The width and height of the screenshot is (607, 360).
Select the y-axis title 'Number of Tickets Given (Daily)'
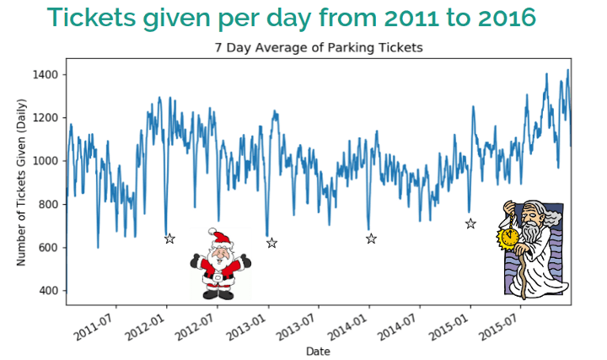point(22,182)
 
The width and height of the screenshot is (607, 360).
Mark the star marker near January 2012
point(169,239)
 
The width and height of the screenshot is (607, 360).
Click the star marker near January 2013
point(271,243)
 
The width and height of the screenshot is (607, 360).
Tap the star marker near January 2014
point(371,239)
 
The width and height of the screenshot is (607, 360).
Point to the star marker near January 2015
point(470,223)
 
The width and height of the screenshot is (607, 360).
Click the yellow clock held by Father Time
point(508,239)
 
